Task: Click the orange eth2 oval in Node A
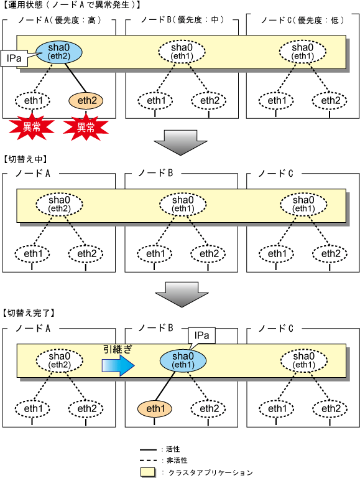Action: click(86, 101)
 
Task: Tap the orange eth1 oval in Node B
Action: click(155, 408)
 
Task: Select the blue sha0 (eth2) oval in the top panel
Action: click(59, 52)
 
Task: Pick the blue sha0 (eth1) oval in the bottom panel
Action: click(183, 360)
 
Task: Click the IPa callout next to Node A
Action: click(14, 59)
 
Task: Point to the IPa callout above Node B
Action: click(201, 335)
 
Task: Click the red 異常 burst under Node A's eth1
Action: click(31, 127)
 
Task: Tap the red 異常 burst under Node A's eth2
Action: click(86, 127)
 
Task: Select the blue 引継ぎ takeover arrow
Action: click(118, 365)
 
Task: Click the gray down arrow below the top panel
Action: click(180, 143)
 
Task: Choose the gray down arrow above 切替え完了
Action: click(182, 294)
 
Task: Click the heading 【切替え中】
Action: click(25, 159)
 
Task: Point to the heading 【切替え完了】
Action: click(29, 313)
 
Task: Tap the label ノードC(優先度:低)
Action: click(302, 20)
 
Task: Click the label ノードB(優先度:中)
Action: click(182, 20)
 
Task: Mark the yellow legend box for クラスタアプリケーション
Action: click(148, 472)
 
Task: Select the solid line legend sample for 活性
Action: click(148, 449)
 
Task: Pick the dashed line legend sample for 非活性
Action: click(148, 461)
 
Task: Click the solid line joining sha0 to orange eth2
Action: click(75, 78)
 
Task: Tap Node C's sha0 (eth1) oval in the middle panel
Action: click(303, 204)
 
